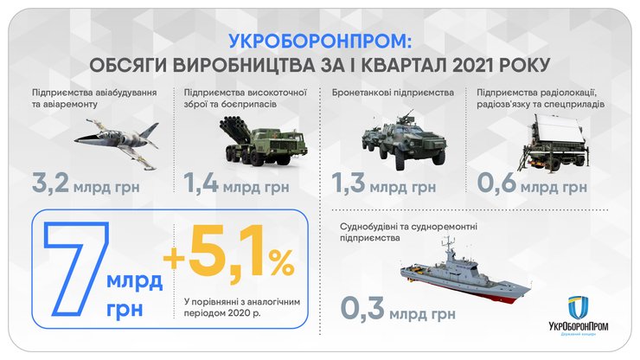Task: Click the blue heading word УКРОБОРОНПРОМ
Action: pos(320,41)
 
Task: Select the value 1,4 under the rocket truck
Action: pos(201,184)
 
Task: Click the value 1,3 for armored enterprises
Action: pos(352,184)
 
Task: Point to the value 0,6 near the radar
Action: pos(499,184)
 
